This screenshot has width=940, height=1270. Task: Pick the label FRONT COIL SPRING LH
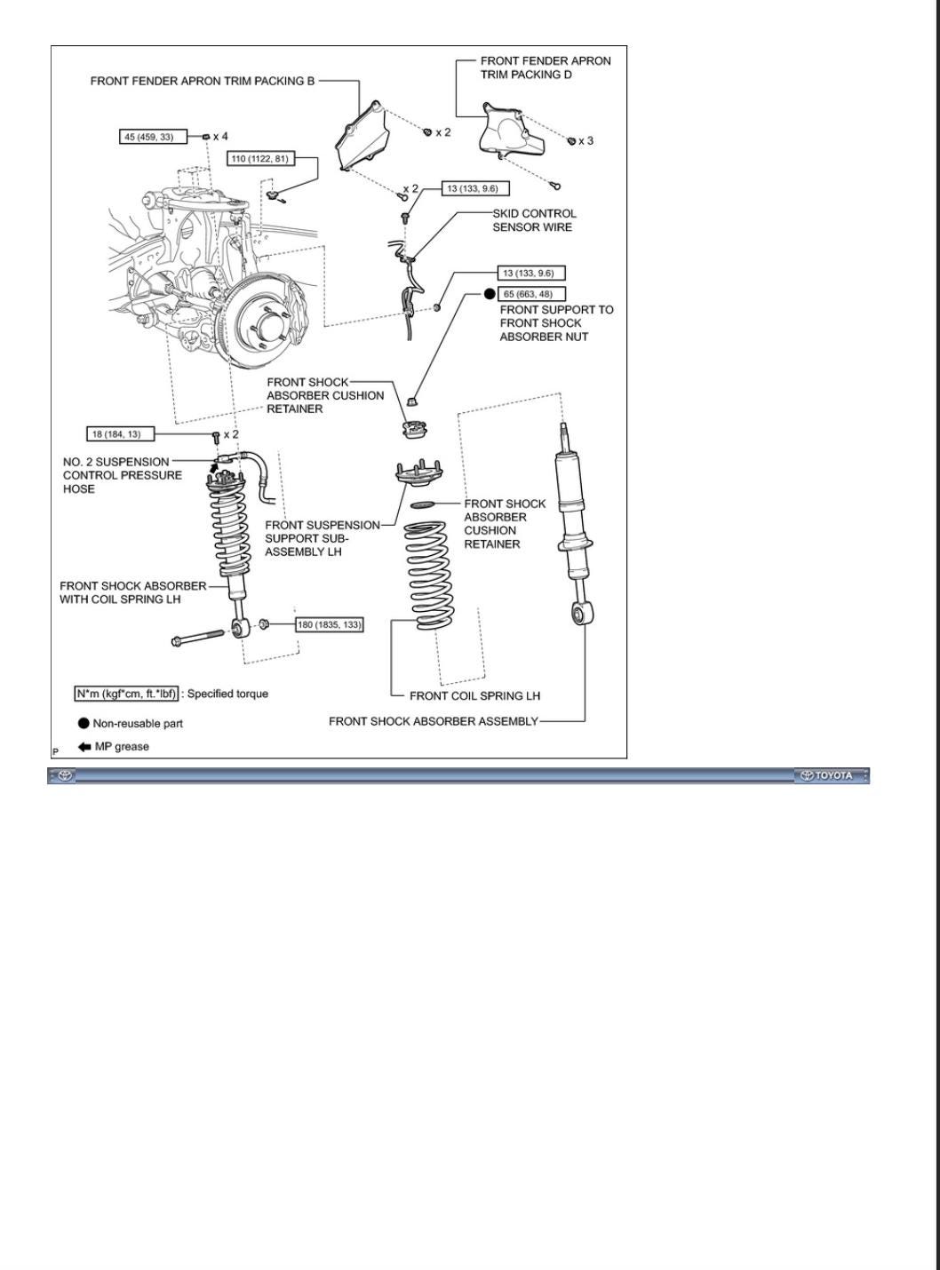pyautogui.click(x=474, y=695)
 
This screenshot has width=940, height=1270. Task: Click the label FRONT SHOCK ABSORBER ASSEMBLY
pyautogui.click(x=433, y=721)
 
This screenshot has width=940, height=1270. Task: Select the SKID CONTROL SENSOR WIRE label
pyautogui.click(x=534, y=220)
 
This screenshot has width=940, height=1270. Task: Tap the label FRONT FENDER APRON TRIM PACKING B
pyautogui.click(x=203, y=81)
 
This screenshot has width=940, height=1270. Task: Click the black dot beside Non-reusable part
pyautogui.click(x=84, y=723)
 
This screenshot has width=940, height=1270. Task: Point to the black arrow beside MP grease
pyautogui.click(x=84, y=746)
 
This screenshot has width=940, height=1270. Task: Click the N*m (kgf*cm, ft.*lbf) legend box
pyautogui.click(x=127, y=694)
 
